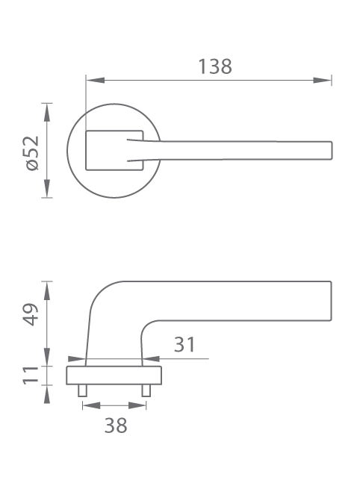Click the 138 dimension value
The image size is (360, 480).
(x=215, y=66)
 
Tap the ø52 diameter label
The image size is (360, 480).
(x=32, y=153)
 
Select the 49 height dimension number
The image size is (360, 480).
(x=31, y=314)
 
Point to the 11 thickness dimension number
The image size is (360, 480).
(x=31, y=375)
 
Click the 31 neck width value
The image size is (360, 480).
(x=184, y=344)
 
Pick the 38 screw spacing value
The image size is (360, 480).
(x=116, y=426)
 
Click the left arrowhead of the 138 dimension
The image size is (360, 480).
(x=96, y=80)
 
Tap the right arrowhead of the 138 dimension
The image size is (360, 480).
(x=323, y=80)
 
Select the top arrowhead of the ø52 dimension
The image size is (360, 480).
(x=46, y=113)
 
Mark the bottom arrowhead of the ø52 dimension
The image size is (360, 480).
(x=46, y=188)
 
